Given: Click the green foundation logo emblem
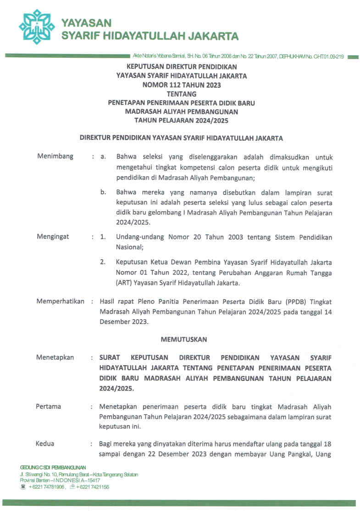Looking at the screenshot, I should (37, 27).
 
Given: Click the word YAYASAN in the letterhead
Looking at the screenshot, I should (86, 22).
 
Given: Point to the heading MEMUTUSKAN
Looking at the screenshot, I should (184, 340).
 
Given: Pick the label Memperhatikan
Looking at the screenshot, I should (60, 301).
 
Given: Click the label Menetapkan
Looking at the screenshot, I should (55, 357).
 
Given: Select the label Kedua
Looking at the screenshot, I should (45, 444).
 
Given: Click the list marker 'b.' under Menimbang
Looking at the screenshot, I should (103, 192).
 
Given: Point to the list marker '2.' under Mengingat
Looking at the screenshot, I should (103, 262).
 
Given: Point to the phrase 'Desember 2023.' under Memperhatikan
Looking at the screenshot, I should (124, 321).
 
